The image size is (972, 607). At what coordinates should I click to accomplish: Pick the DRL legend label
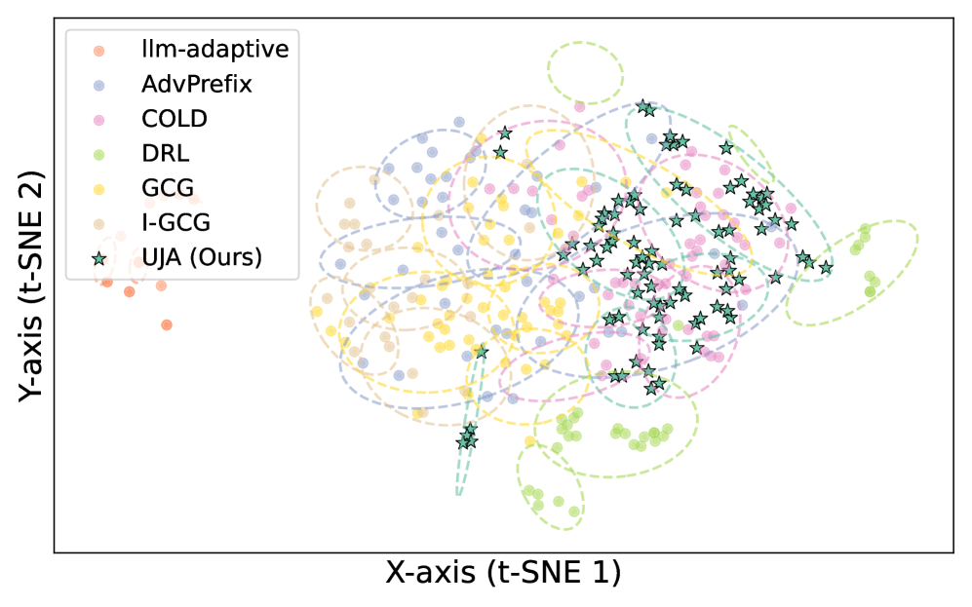(x=165, y=153)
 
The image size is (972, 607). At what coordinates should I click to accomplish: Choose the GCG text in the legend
(x=167, y=188)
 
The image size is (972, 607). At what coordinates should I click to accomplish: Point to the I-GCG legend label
(x=175, y=223)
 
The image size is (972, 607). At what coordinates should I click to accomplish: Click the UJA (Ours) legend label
(x=204, y=258)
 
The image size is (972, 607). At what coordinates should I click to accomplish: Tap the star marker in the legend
(x=97, y=258)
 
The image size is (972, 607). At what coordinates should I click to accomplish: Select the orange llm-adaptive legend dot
(x=97, y=50)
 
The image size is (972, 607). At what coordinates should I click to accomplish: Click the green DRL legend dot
(x=97, y=154)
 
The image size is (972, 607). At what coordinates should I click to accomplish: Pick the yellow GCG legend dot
(x=97, y=189)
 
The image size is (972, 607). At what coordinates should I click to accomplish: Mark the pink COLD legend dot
(x=97, y=119)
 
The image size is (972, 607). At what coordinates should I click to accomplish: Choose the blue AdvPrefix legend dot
(x=97, y=85)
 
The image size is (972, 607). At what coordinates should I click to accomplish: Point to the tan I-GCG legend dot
(x=97, y=223)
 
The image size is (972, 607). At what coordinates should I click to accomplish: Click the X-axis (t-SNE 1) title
(x=503, y=573)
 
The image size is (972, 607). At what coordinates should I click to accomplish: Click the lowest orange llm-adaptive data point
(x=167, y=324)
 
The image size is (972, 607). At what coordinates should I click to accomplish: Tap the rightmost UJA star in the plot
(x=826, y=267)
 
